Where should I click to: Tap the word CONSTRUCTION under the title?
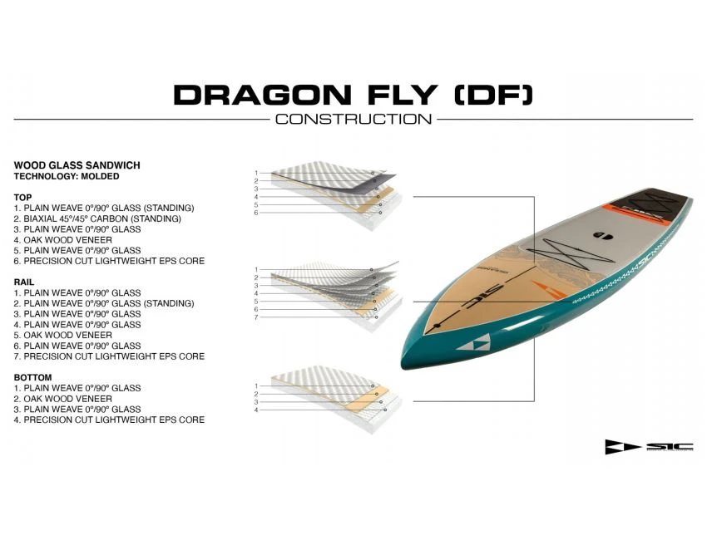pyautogui.click(x=353, y=119)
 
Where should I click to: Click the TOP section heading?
pyautogui.click(x=23, y=197)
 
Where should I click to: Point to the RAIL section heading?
pyautogui.click(x=24, y=282)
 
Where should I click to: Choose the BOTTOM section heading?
pyautogui.click(x=32, y=378)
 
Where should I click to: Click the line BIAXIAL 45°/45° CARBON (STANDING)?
pyautogui.click(x=97, y=218)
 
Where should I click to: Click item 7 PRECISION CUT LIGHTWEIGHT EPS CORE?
pyautogui.click(x=109, y=356)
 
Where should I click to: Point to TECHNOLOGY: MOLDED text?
pyautogui.click(x=67, y=176)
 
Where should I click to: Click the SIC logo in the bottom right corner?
pyautogui.click(x=649, y=447)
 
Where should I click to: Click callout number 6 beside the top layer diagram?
pyautogui.click(x=257, y=213)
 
